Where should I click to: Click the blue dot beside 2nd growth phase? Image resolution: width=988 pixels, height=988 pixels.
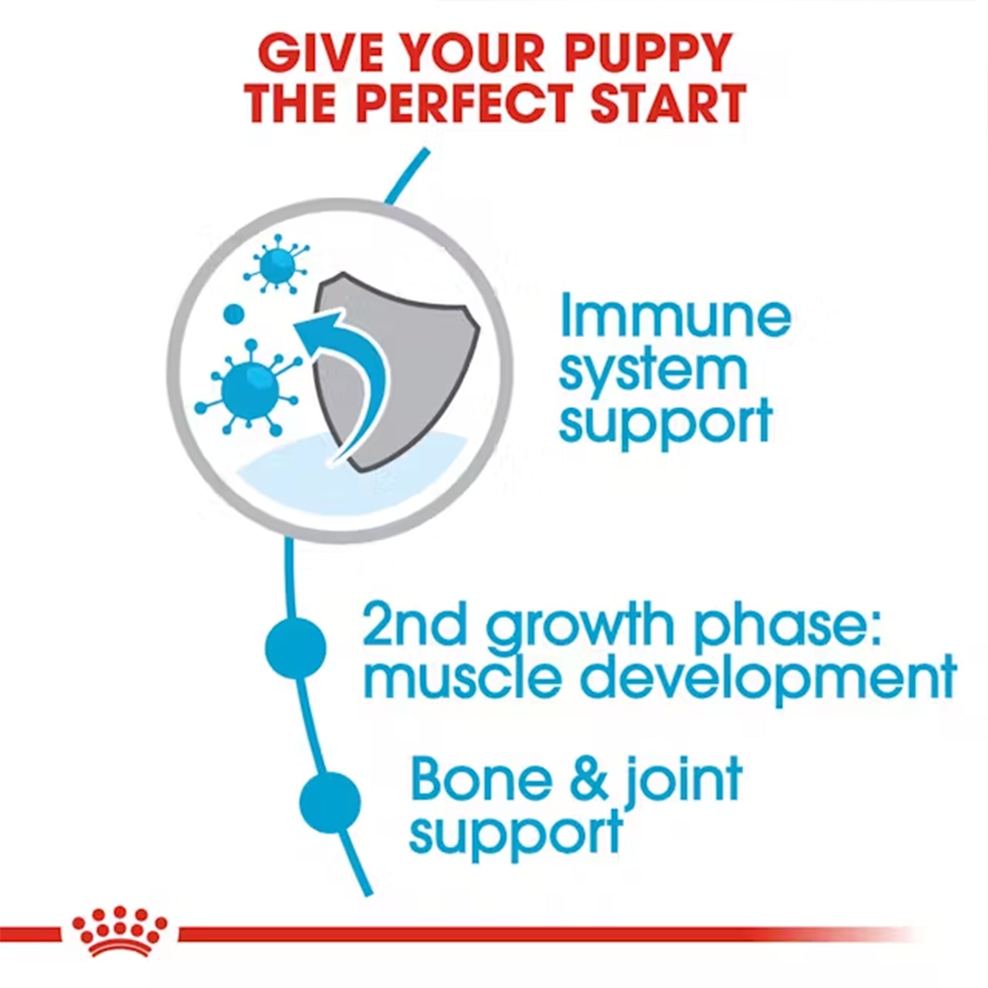point(295,648)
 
